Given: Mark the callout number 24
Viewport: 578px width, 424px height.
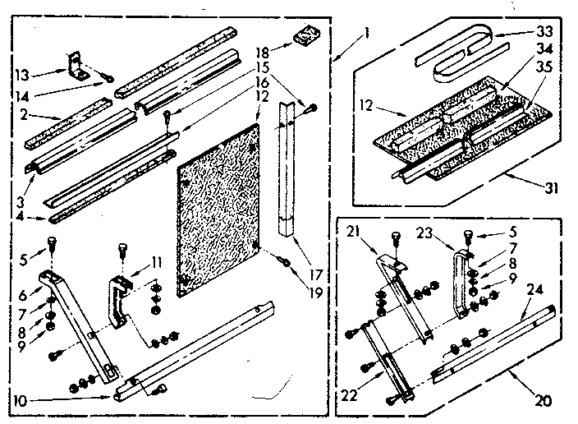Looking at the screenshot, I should (534, 289).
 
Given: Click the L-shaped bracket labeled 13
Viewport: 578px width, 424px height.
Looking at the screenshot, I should (79, 64).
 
